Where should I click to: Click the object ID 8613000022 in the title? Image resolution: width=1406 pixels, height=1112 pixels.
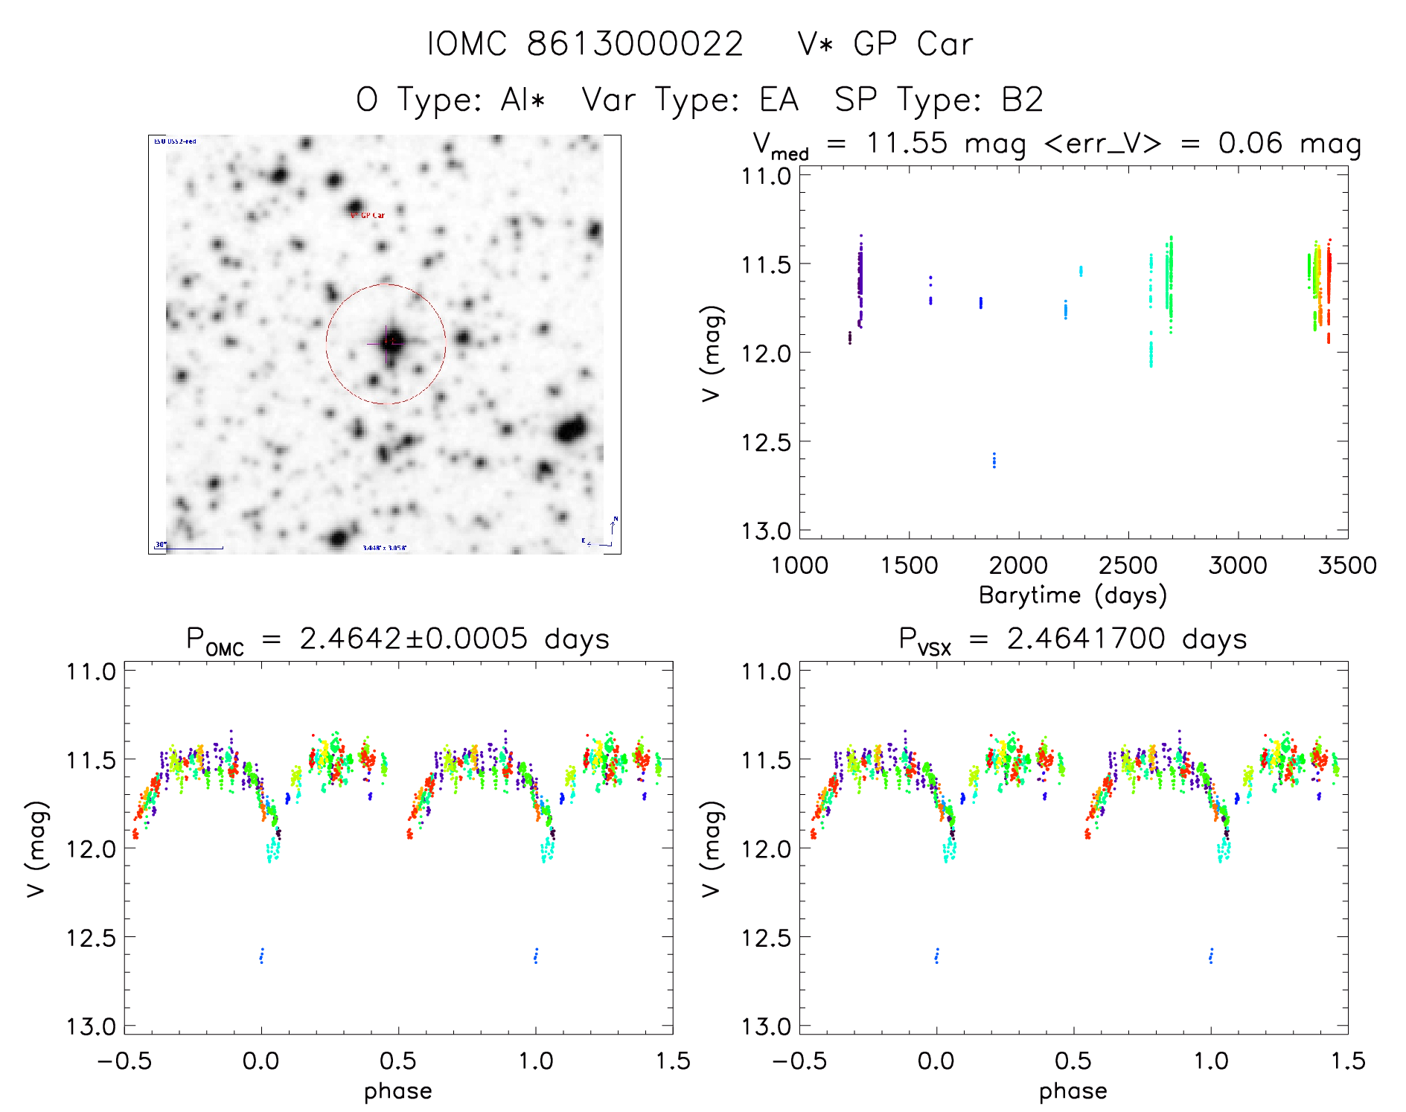634,45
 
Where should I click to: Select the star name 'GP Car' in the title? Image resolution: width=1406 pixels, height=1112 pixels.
913,45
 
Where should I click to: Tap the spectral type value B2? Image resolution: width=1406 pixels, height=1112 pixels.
1022,100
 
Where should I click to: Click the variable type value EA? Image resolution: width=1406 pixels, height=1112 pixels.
779,100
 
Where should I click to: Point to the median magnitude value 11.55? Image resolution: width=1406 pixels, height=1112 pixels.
907,143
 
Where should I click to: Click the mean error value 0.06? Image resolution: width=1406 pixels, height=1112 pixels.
1250,143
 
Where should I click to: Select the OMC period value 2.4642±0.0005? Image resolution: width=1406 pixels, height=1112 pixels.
413,639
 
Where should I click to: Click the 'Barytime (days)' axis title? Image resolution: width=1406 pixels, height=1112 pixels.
1073,595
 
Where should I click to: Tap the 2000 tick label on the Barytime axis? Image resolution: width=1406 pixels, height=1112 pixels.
1018,566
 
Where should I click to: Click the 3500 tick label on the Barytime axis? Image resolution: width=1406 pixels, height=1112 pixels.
1347,566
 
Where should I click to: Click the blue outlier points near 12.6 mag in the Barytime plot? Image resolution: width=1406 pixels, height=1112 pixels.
994,460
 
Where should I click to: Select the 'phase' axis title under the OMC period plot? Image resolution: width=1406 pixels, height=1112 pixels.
397,1091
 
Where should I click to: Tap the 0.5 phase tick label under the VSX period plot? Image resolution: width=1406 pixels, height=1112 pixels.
1073,1061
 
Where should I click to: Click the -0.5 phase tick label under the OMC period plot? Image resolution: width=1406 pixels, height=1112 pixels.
124,1061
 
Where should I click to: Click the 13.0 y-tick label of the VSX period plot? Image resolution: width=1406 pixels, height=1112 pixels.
765,1027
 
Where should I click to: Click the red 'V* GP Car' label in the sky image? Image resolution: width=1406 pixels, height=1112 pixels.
368,215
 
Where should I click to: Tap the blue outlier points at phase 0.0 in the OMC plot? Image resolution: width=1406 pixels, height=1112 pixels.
261,956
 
